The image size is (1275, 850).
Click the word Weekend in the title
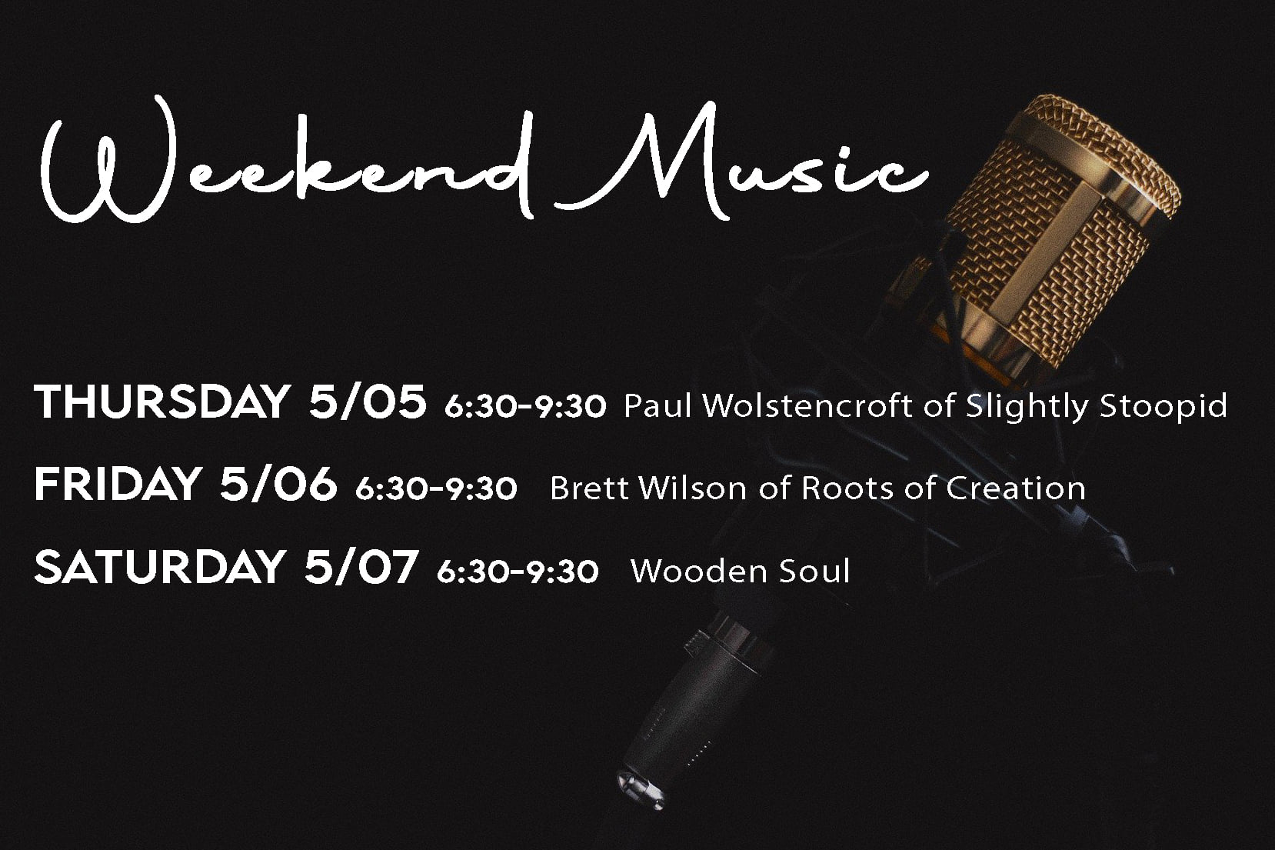pos(288,162)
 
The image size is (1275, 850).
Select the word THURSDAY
pos(162,402)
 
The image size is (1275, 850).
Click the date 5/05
pos(368,402)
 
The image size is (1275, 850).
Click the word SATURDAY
pos(159,566)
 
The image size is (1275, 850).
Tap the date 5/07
pos(361,566)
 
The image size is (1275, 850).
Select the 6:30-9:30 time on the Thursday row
pos(525,407)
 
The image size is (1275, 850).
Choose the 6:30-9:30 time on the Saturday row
pos(518,572)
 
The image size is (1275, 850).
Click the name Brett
pos(589,488)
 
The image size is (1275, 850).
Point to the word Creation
pos(1016,488)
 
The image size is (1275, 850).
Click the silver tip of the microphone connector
pos(641,790)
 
